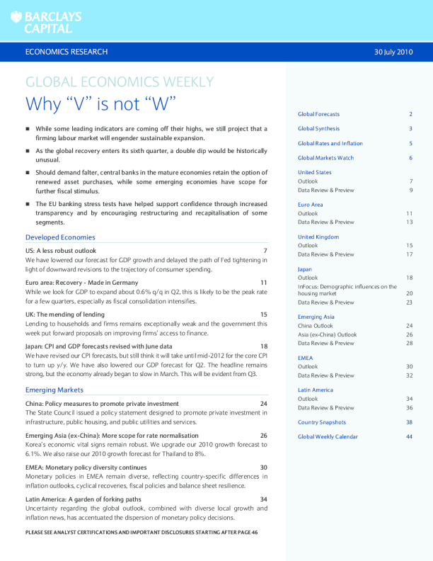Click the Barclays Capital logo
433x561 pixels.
point(46,22)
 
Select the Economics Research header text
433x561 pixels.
point(66,52)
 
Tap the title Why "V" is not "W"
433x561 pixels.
point(100,103)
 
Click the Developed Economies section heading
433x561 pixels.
point(60,237)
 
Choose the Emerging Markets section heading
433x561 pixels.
point(54,390)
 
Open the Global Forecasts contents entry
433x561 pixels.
point(318,114)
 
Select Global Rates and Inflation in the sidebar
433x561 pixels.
point(330,144)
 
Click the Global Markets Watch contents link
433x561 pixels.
point(325,158)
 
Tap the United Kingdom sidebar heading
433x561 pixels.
point(318,237)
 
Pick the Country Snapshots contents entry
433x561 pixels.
point(322,422)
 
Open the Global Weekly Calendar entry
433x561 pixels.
point(328,437)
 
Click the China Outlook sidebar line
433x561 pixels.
point(316,325)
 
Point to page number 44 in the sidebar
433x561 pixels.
point(409,437)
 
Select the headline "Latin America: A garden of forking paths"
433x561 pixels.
point(83,499)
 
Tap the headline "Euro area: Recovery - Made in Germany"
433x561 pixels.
point(81,283)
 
